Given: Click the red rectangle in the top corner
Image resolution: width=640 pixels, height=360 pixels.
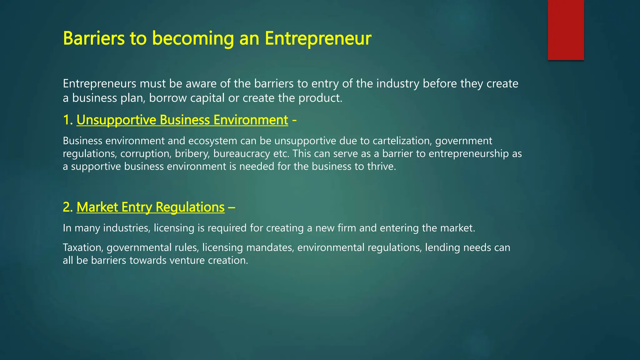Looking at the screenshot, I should pyautogui.click(x=566, y=30).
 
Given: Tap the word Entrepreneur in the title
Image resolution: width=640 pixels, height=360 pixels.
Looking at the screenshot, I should pyautogui.click(x=318, y=38).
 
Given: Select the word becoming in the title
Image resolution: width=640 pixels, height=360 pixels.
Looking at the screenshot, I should pyautogui.click(x=193, y=38).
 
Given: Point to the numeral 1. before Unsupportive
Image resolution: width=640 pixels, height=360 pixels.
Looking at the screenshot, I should pyautogui.click(x=68, y=120).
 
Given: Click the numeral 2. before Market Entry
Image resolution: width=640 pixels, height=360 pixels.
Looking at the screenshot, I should pyautogui.click(x=68, y=207).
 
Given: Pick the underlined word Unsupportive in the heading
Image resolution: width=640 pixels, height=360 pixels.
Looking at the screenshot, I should pyautogui.click(x=117, y=120).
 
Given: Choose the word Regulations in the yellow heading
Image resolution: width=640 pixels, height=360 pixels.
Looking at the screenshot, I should pyautogui.click(x=190, y=207).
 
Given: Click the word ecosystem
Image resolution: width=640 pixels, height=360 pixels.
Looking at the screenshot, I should pyautogui.click(x=212, y=141).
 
